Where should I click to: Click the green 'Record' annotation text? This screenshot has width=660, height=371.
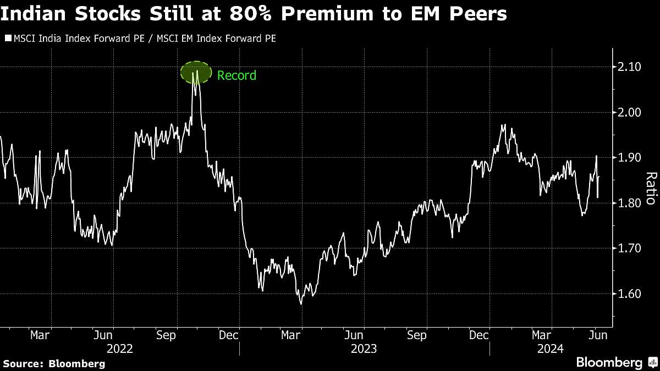pyautogui.click(x=237, y=75)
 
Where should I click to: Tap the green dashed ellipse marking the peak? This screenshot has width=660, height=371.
pyautogui.click(x=196, y=73)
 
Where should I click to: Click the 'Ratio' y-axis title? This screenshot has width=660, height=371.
pyautogui.click(x=651, y=188)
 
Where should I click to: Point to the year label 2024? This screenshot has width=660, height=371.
pyautogui.click(x=550, y=348)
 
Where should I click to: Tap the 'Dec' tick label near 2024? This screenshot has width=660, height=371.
pyautogui.click(x=478, y=335)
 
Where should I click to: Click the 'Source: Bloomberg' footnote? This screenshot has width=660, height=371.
pyautogui.click(x=53, y=364)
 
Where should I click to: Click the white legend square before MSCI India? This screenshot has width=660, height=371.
pyautogui.click(x=7, y=38)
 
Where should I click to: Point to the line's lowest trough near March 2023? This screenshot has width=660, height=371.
pyautogui.click(x=300, y=303)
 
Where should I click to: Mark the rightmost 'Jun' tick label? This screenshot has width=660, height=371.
pyautogui.click(x=598, y=335)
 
